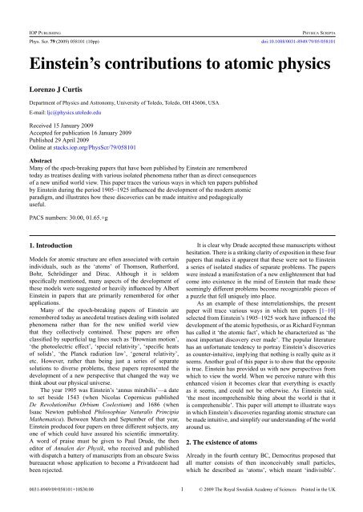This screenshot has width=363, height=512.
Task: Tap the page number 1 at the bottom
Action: [x=182, y=506]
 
